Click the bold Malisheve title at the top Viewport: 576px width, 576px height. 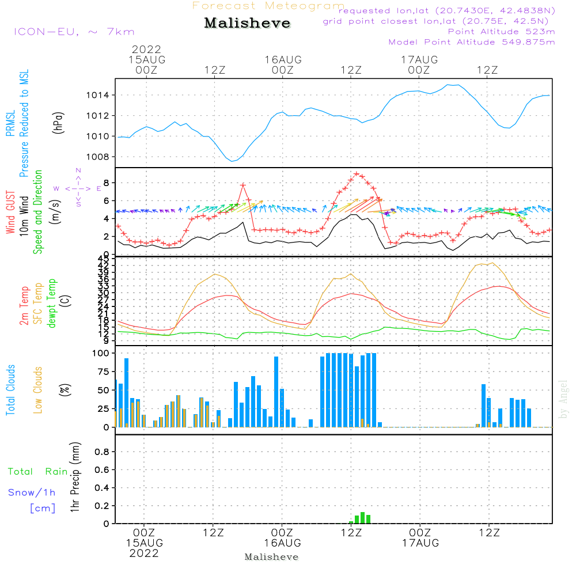(x=247, y=24)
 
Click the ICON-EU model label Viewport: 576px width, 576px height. (x=74, y=32)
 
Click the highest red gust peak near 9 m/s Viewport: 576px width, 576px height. (x=357, y=173)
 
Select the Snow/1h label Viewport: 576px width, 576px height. (x=32, y=492)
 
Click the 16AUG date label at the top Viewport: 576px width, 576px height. (x=283, y=60)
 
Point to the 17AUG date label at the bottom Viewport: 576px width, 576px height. (x=420, y=543)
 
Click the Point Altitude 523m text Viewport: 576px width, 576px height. (x=501, y=32)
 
